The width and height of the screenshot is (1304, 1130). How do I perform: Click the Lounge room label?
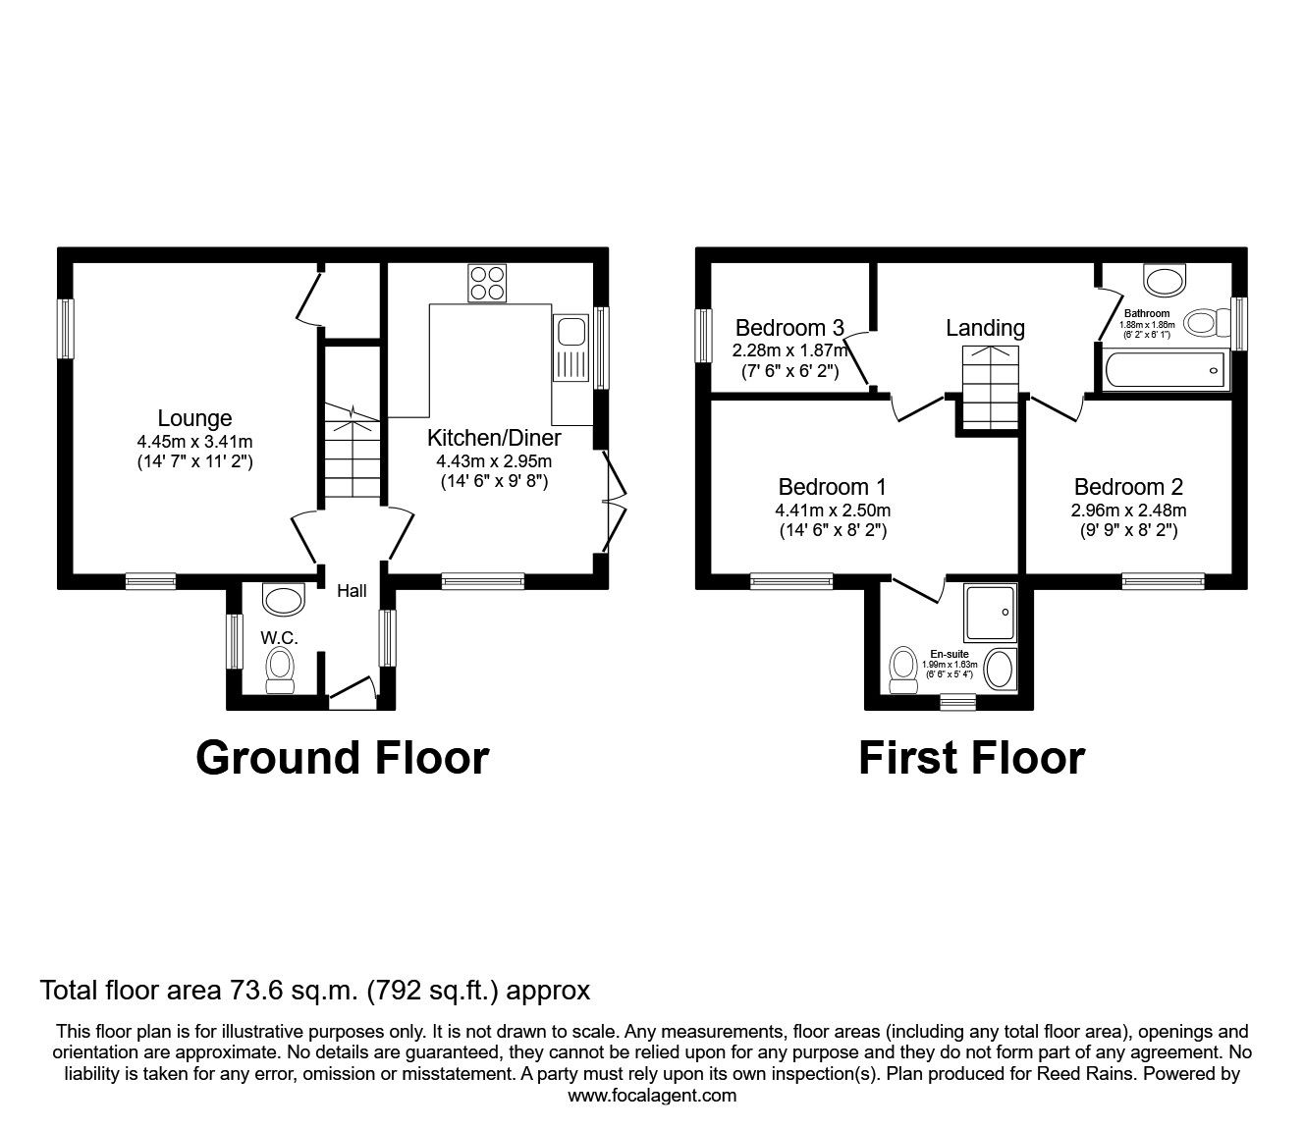click(195, 419)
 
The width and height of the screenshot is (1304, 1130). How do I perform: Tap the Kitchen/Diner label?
click(494, 438)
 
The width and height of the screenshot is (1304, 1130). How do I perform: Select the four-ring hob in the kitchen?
click(487, 283)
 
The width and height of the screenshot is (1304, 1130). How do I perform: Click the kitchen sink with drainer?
click(569, 349)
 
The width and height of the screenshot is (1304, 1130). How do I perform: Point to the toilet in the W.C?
click(281, 671)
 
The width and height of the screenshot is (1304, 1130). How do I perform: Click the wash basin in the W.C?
click(285, 600)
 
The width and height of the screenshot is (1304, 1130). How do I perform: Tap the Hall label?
click(352, 591)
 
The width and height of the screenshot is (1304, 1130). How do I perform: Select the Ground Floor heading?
click(342, 758)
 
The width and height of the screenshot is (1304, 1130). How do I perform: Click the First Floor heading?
click(971, 758)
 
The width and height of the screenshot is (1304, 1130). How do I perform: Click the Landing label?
click(985, 328)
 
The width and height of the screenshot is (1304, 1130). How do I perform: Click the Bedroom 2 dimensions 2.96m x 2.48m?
click(1128, 511)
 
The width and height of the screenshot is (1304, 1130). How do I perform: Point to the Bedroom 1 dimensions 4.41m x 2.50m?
click(833, 511)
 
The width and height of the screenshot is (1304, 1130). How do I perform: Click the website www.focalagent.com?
click(652, 1096)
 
